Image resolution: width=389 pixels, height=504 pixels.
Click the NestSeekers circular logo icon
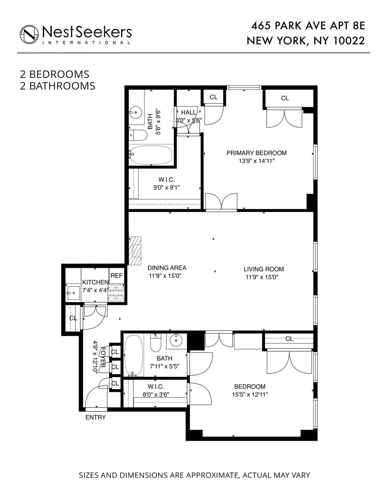pos(29,34)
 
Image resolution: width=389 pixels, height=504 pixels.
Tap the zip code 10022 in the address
pos(349,41)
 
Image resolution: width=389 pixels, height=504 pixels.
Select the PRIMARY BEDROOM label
pos(256,153)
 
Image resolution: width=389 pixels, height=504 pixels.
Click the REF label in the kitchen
pos(117,275)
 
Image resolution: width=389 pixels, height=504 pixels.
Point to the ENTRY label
pos(95,418)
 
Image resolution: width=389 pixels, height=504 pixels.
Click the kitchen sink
pos(73,293)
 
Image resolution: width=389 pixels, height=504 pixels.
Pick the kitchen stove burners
pos(116,293)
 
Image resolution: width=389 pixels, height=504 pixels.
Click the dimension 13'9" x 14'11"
pos(257,161)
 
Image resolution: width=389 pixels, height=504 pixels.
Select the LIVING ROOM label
pos(264,269)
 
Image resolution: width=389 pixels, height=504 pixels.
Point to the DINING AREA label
pos(167,268)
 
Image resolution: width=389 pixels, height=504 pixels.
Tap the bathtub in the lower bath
pos(134,355)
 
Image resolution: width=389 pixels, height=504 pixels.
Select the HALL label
pos(189,112)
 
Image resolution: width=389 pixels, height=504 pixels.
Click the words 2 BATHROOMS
pos(58,86)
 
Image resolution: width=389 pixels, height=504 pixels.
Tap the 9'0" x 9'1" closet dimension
pos(166,187)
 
